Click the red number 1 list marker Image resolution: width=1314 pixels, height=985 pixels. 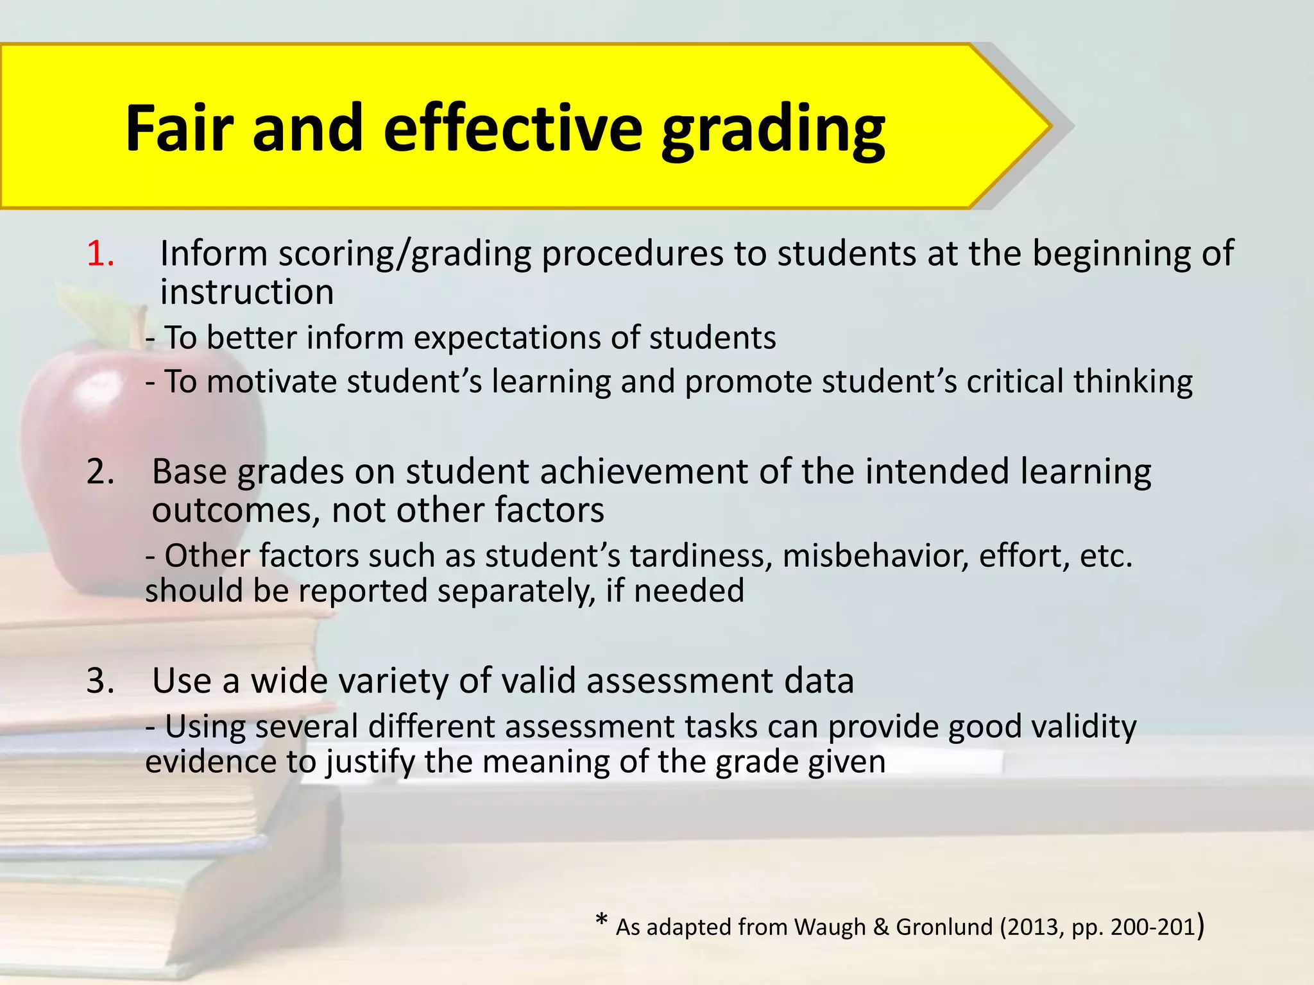pos(101,253)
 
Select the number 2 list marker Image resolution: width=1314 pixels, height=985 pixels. pos(101,472)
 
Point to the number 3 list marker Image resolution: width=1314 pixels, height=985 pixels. pos(101,681)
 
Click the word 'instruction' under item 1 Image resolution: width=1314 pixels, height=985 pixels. pos(246,292)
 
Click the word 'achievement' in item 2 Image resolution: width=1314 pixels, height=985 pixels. pos(644,473)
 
